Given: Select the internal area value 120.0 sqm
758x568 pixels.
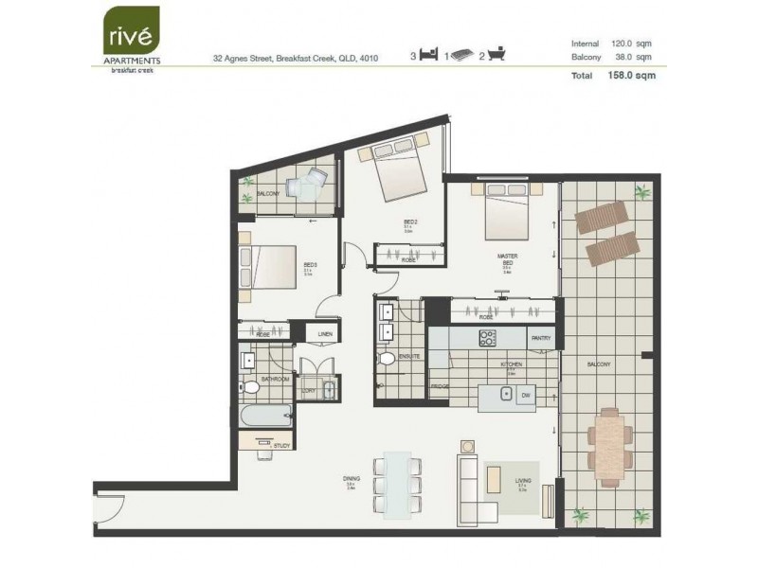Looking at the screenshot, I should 632,44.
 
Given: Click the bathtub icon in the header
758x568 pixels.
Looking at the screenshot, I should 497,56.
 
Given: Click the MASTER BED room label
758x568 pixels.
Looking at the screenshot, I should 507,259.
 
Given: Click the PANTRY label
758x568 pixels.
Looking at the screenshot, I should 541,338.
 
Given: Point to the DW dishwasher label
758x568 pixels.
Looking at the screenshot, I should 525,398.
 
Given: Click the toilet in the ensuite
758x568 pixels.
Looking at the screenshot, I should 387,361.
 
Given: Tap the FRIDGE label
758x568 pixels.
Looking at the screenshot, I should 441,386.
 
